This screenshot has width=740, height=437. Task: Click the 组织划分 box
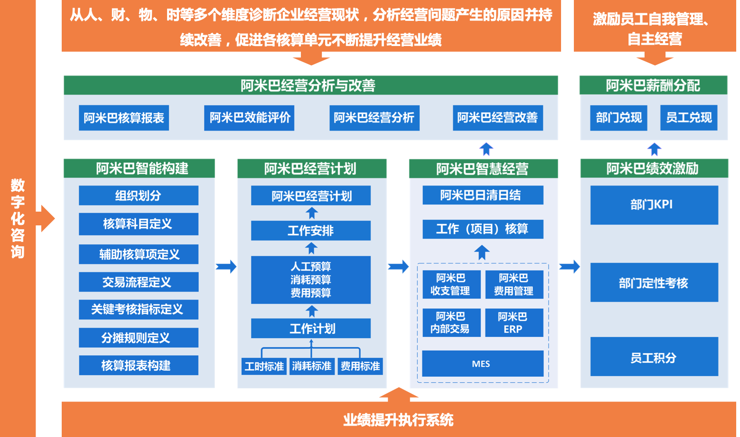[138, 195]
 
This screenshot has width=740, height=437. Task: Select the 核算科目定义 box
[138, 224]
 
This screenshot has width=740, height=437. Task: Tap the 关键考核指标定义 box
[138, 309]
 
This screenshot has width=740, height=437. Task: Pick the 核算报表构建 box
[138, 365]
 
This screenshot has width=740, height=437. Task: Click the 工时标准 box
[264, 366]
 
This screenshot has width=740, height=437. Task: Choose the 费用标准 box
[360, 366]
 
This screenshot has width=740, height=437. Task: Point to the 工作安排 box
[310, 231]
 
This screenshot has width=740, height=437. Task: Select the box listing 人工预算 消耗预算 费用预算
[310, 279]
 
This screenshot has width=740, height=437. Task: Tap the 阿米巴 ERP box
[514, 323]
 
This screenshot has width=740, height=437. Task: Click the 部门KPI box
[654, 205]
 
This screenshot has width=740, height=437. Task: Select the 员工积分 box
[654, 357]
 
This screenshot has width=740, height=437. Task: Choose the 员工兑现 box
[688, 118]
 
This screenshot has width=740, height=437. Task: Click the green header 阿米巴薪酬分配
[653, 85]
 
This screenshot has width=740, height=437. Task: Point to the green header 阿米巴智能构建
[139, 168]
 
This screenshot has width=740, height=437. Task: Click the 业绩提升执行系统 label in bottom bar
[398, 419]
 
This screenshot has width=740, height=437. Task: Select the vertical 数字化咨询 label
[18, 218]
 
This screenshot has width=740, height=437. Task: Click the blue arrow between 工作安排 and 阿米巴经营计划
[312, 213]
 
